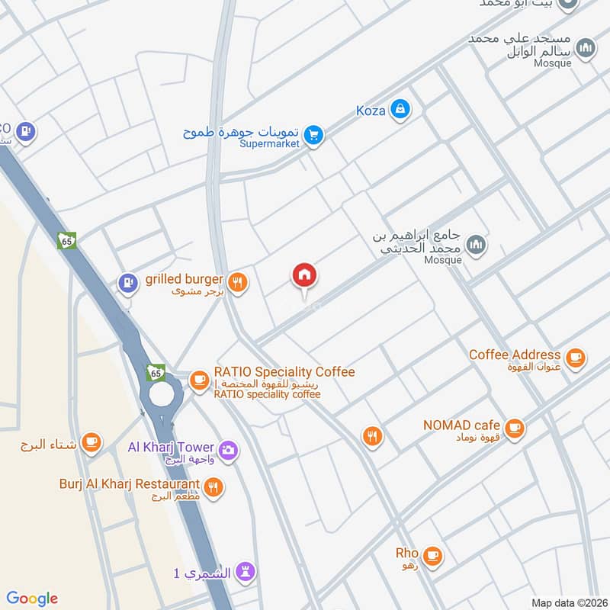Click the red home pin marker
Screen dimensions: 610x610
point(304,277)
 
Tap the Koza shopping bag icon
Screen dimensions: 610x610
point(399,111)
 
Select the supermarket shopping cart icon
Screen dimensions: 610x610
point(313,136)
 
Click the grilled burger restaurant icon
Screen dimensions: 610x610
point(238,283)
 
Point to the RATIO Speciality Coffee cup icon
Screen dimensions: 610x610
point(199,379)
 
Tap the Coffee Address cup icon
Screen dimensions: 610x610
point(575,356)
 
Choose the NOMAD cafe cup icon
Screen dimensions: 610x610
point(515,427)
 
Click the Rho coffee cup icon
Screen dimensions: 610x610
point(432,556)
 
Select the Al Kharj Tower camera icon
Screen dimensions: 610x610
point(227,451)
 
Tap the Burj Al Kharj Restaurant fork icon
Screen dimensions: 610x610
point(213,486)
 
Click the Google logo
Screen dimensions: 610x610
point(32,598)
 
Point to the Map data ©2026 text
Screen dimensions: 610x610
point(568,602)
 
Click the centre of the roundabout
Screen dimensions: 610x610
point(162,394)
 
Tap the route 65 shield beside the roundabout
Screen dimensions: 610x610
point(156,372)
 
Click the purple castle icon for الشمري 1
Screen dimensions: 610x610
point(244,572)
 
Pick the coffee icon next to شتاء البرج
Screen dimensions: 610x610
point(91,443)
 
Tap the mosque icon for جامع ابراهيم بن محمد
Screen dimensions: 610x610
point(477,245)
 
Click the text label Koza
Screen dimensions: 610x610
point(371,111)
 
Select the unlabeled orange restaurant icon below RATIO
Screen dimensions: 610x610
point(372,436)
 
